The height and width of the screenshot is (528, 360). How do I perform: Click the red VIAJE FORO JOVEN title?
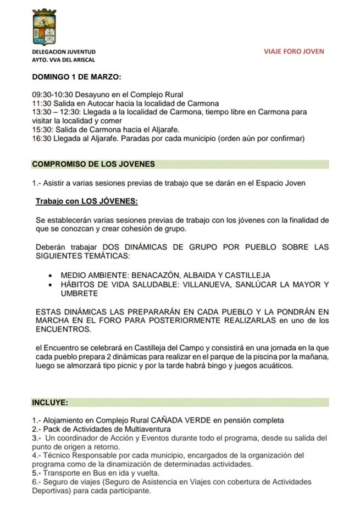point(294,52)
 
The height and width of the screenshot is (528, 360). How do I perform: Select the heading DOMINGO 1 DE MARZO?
point(76,76)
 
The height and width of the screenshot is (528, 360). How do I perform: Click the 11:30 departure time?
point(41,103)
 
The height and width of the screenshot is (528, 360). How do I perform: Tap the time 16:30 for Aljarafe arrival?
point(41,138)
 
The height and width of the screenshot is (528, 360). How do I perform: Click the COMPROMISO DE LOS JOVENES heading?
point(93,164)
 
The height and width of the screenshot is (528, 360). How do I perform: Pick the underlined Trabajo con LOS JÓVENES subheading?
point(87,201)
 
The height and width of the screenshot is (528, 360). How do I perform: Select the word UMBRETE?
point(80,293)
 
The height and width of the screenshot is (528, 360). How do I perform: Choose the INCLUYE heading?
point(50,402)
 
